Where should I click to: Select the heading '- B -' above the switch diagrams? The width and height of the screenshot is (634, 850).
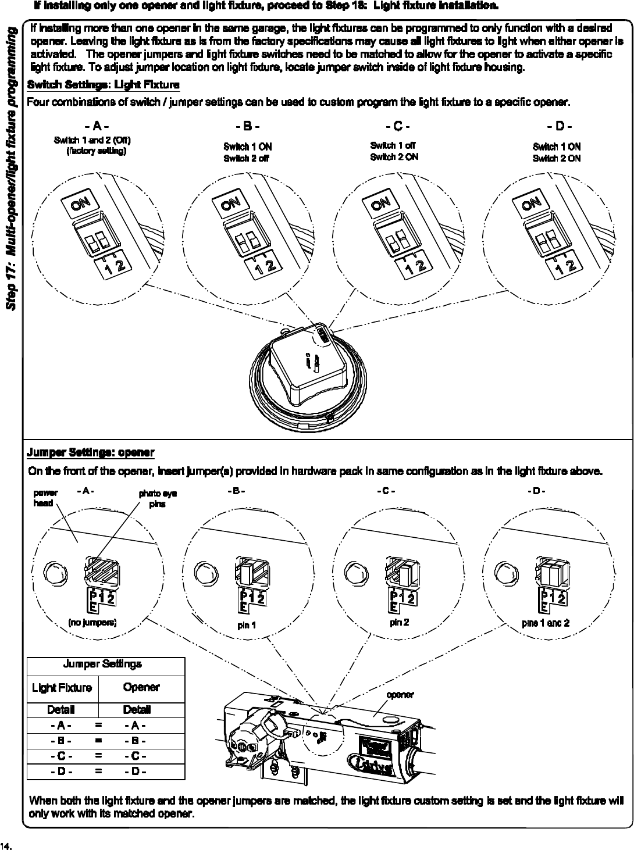point(247,126)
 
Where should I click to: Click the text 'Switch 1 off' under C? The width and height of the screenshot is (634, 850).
point(393,145)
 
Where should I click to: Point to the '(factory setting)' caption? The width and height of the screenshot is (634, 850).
point(97,151)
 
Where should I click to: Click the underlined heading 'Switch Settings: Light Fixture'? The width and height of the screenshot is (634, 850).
point(104,85)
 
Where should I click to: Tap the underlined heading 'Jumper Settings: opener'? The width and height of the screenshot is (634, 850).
point(91,452)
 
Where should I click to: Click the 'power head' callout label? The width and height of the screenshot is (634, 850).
point(44,498)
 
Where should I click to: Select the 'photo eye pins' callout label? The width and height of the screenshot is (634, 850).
point(157,499)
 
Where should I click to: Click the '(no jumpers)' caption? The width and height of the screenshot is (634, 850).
point(92,623)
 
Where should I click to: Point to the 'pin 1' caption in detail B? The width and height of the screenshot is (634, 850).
point(247,626)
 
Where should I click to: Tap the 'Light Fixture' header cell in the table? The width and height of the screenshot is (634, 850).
point(62,688)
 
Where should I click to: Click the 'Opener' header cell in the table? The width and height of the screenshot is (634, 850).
point(141,687)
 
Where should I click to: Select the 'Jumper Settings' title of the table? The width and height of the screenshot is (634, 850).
point(102,664)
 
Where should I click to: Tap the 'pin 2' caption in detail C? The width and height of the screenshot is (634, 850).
point(400,623)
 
